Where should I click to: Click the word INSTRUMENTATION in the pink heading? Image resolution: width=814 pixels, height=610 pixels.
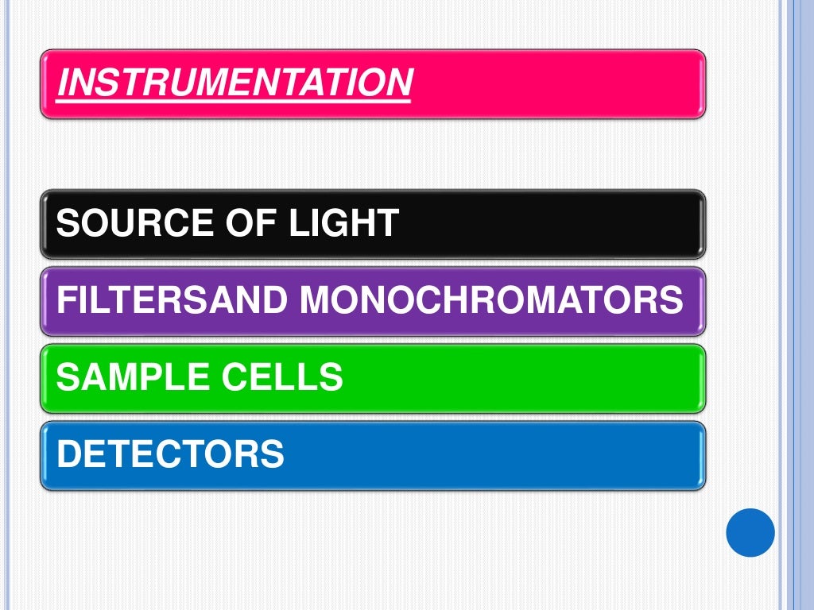coord(235,83)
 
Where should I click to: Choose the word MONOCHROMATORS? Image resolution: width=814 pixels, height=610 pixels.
coord(490,300)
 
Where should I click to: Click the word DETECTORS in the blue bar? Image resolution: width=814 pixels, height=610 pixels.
coord(171,454)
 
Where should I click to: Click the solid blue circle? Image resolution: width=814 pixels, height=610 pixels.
coord(750,532)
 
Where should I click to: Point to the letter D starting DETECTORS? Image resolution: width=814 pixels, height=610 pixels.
coord(69,454)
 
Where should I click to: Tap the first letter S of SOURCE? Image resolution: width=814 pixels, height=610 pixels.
coord(68,224)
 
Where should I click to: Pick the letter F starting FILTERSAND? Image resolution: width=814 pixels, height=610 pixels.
coord(67,300)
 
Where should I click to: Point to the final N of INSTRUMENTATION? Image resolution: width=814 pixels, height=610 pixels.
coord(401,83)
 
